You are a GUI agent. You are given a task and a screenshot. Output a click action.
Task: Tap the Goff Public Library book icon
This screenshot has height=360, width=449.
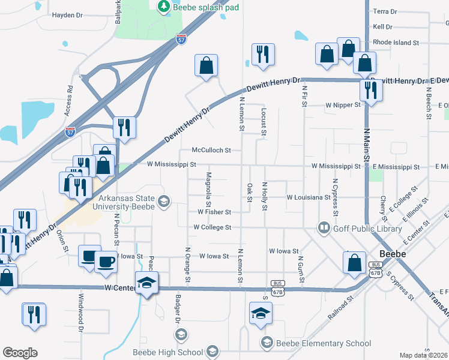[324, 227]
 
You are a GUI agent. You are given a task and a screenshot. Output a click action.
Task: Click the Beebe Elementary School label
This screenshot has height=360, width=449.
[323, 343]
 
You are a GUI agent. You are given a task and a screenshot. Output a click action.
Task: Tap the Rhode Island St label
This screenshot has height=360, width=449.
[396, 43]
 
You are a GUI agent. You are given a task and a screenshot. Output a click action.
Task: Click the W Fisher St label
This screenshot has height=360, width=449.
[214, 212]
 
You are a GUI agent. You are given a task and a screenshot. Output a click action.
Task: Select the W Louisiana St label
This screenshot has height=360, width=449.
[309, 197]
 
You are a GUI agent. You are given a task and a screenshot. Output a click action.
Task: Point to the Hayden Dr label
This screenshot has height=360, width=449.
[67, 16]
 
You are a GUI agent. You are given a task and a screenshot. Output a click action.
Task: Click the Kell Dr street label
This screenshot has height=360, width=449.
[382, 27]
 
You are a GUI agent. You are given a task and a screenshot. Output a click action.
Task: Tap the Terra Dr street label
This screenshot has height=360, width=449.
[385, 11]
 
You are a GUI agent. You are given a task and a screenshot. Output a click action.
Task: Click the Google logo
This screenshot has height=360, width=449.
[20, 353]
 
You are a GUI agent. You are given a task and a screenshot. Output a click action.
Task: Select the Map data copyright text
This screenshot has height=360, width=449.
[424, 355]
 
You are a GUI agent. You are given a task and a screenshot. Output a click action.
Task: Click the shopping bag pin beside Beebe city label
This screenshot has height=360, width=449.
[354, 262]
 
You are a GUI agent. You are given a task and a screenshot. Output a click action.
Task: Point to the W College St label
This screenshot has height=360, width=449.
[212, 227]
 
